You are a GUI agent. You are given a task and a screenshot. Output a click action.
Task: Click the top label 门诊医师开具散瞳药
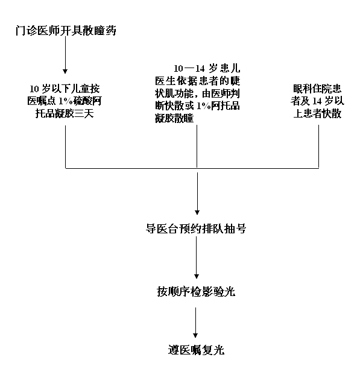[x=66, y=31]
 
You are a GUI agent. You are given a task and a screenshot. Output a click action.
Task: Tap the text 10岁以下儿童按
[x=65, y=89]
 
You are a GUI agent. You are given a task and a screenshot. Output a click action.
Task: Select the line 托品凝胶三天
[x=65, y=113]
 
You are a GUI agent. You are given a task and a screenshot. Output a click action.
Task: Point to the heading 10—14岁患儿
[x=207, y=68]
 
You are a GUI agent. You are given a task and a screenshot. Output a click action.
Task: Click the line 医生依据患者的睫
[x=197, y=81]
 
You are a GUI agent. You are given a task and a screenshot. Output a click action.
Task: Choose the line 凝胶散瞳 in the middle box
[x=174, y=118]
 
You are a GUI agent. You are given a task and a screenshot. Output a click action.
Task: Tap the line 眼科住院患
[x=317, y=89]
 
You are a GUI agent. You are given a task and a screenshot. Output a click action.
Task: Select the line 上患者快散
[x=317, y=113]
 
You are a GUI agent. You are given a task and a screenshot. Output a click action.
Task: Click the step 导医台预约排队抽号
[x=196, y=228]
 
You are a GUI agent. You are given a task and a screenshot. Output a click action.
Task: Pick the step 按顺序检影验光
[x=196, y=292]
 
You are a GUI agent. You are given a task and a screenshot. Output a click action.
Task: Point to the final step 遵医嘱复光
[x=196, y=350]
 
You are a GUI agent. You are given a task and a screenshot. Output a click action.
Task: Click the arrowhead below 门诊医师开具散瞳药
[x=65, y=71]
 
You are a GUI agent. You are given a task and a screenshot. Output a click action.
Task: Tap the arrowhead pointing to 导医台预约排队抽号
[x=197, y=212]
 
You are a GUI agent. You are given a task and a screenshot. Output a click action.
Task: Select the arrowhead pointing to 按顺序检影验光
[x=197, y=276]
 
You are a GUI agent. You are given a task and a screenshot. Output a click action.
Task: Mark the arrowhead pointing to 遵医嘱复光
[x=195, y=335]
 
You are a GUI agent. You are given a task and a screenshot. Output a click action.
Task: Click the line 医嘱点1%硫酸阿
[x=65, y=101]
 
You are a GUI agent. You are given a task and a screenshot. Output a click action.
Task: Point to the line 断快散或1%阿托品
[x=197, y=106]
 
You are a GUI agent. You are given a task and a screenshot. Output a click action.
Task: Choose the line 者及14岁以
[x=317, y=101]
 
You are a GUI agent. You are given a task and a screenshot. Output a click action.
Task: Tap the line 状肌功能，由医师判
[x=197, y=93]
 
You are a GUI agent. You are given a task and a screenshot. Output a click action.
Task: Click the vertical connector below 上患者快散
[x=318, y=147]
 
